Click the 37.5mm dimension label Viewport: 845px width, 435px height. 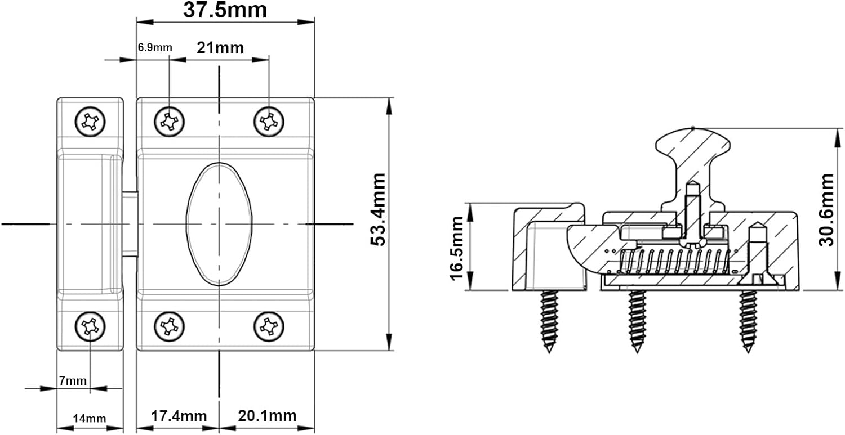tap(225, 10)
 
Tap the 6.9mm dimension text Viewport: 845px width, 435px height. tap(155, 47)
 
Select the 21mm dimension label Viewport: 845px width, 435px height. tap(220, 48)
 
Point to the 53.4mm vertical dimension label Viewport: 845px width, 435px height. tap(377, 209)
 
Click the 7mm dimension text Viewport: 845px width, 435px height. tap(73, 381)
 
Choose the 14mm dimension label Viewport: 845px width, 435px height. tap(90, 419)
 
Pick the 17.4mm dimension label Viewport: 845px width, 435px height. tap(179, 416)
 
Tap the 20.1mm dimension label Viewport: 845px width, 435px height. tap(267, 416)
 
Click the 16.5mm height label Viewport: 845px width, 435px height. tap(456, 249)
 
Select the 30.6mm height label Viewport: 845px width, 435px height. tap(826, 209)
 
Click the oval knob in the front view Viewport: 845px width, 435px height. tap(219, 224)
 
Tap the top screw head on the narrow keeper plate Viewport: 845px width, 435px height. tap(90, 122)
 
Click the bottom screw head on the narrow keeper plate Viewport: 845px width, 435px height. tap(90, 326)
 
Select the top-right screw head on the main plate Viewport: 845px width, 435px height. tap(269, 122)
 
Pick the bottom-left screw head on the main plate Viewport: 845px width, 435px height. tap(170, 326)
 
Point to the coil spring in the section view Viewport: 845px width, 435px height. tap(674, 261)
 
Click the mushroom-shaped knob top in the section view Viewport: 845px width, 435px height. tap(693, 145)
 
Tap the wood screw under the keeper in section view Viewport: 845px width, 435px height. tap(549, 321)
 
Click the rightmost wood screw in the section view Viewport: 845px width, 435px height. tap(748, 321)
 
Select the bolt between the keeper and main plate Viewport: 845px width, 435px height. tap(130, 224)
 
